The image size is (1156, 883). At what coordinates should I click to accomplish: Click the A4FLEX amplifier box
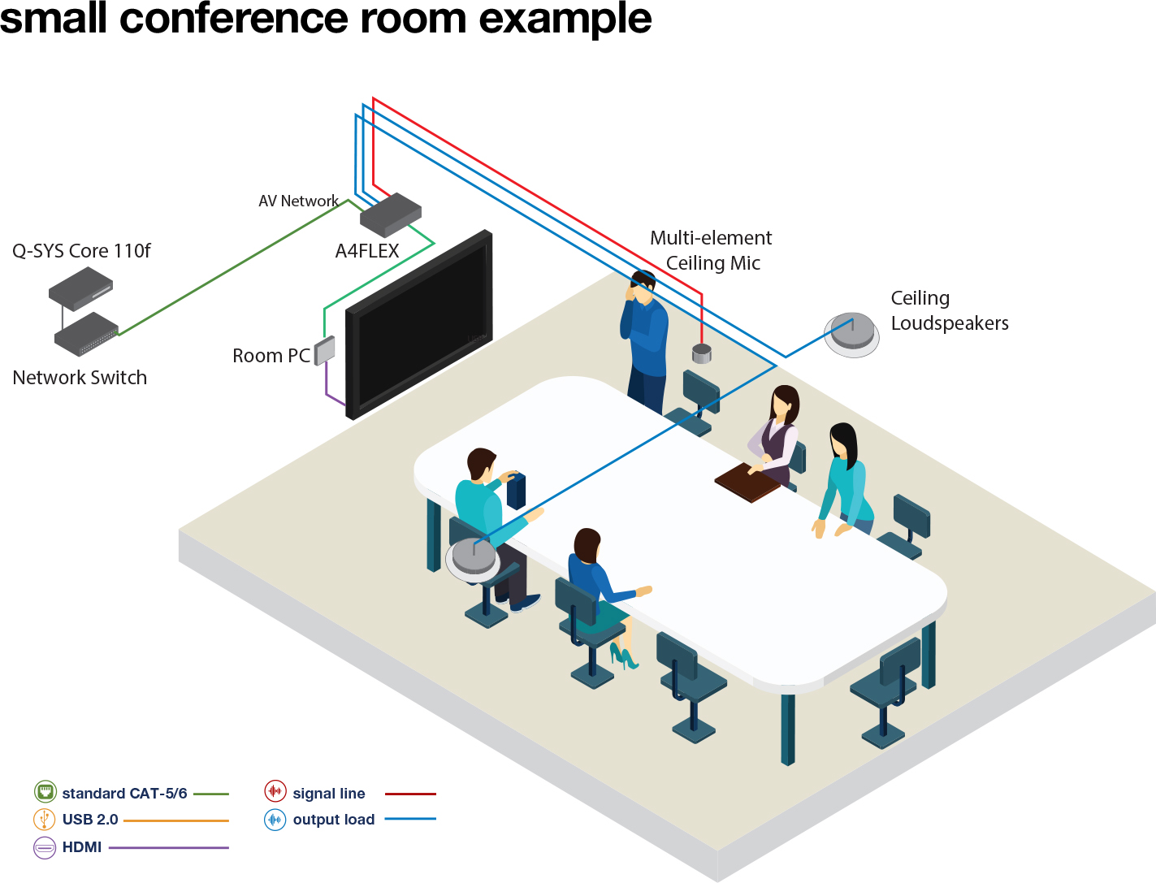391,214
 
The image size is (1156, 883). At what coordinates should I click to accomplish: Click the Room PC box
325,350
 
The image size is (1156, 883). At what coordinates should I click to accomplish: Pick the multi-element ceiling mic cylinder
702,353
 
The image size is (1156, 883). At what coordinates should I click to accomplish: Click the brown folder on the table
748,482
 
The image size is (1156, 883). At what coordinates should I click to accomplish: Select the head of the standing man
643,285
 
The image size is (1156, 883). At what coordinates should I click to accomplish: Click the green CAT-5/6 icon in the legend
45,792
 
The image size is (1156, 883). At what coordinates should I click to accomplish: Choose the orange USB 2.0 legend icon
45,819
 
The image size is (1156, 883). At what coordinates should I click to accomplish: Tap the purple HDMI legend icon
45,847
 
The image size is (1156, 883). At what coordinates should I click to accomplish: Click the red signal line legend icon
275,792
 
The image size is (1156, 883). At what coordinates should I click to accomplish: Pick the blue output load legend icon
275,819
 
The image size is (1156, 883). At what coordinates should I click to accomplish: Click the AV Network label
298,201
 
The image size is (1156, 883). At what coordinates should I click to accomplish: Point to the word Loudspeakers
950,323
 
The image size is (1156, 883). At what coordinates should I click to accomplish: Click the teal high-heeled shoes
623,656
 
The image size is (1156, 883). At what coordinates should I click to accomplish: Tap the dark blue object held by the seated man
516,490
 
